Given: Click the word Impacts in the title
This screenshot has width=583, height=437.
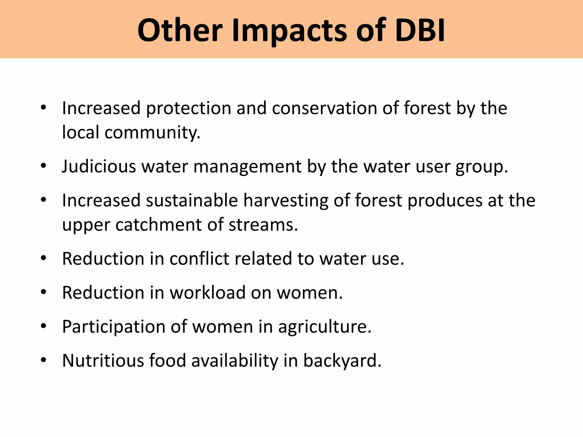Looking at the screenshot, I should [289, 31].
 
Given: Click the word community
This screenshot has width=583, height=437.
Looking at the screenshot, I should [152, 133].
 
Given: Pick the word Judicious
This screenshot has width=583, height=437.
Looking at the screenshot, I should [99, 166].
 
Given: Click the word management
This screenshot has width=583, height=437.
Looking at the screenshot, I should [247, 167].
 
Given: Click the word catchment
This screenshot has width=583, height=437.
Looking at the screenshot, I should [158, 225].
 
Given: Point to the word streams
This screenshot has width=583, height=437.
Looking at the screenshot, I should [263, 225].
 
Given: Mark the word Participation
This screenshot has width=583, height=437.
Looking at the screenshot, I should [114, 327].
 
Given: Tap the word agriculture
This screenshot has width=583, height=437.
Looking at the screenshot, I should [325, 327].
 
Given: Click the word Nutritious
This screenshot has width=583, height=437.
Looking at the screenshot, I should [103, 360].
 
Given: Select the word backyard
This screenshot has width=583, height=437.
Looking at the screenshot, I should [342, 361].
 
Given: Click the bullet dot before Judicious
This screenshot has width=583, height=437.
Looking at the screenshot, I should [43, 166].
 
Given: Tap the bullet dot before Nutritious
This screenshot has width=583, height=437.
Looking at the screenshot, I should [43, 360].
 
